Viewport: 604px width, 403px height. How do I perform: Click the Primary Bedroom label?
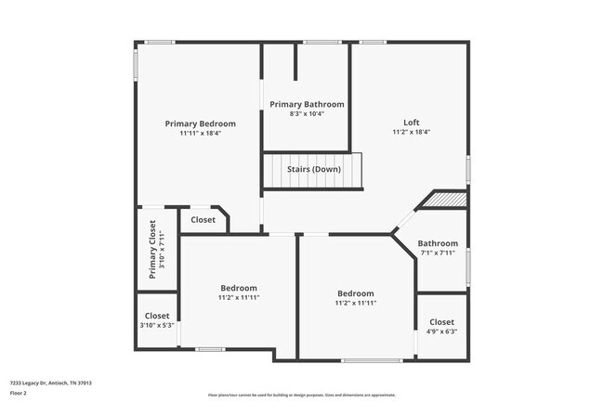tap(200, 123)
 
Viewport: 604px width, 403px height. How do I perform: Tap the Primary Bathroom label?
tap(307, 104)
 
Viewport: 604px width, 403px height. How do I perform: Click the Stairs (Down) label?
tap(312, 169)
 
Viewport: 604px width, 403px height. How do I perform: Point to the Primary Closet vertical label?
tap(153, 250)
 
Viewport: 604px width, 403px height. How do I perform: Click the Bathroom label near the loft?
tap(438, 243)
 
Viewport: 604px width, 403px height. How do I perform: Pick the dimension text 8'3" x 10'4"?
tap(307, 113)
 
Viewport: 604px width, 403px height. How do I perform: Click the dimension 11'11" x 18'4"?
tap(200, 133)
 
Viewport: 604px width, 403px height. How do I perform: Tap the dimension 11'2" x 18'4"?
tap(411, 133)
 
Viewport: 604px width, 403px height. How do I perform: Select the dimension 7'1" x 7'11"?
tap(438, 253)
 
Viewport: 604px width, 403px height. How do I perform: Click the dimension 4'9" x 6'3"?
tap(441, 331)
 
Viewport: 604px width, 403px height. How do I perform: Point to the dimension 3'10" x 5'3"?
tap(157, 325)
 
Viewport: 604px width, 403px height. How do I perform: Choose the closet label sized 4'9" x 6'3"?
tap(441, 321)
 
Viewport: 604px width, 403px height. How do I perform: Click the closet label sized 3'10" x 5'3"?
tap(157, 316)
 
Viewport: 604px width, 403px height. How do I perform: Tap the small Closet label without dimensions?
tap(203, 220)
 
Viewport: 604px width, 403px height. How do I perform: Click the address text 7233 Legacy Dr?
tap(50, 383)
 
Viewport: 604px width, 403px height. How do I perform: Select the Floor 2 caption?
tap(20, 393)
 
